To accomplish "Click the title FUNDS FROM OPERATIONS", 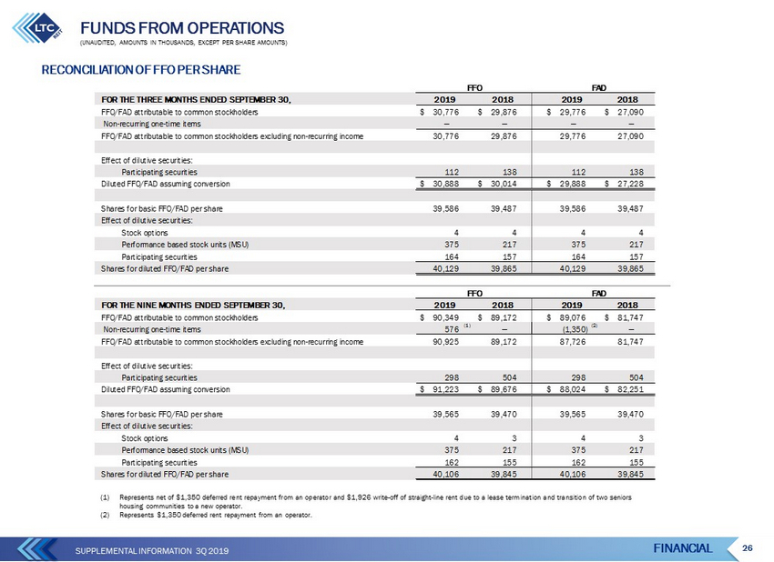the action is pos(182,27).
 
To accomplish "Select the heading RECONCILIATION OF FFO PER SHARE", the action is pos(140,70).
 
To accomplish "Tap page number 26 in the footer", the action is pos(748,547).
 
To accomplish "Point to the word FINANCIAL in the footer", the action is pos(683,548).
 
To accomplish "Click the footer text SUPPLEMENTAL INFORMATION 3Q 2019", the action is pos(152,551).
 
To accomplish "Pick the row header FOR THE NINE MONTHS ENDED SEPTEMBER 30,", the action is pos(193,306).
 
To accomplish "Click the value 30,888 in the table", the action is pos(446,184).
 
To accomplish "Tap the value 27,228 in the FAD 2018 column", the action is pos(630,184).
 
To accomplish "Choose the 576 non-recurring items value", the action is pos(452,329).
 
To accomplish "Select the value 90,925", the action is pos(446,342).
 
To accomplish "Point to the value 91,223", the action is pos(446,389).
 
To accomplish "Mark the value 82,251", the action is pos(630,389).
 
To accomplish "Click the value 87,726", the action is pos(573,342).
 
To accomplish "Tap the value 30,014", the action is pos(504,184).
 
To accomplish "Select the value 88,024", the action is pos(573,389).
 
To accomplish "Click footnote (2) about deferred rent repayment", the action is pos(207,515).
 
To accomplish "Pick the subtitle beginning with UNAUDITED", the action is pos(184,43).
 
